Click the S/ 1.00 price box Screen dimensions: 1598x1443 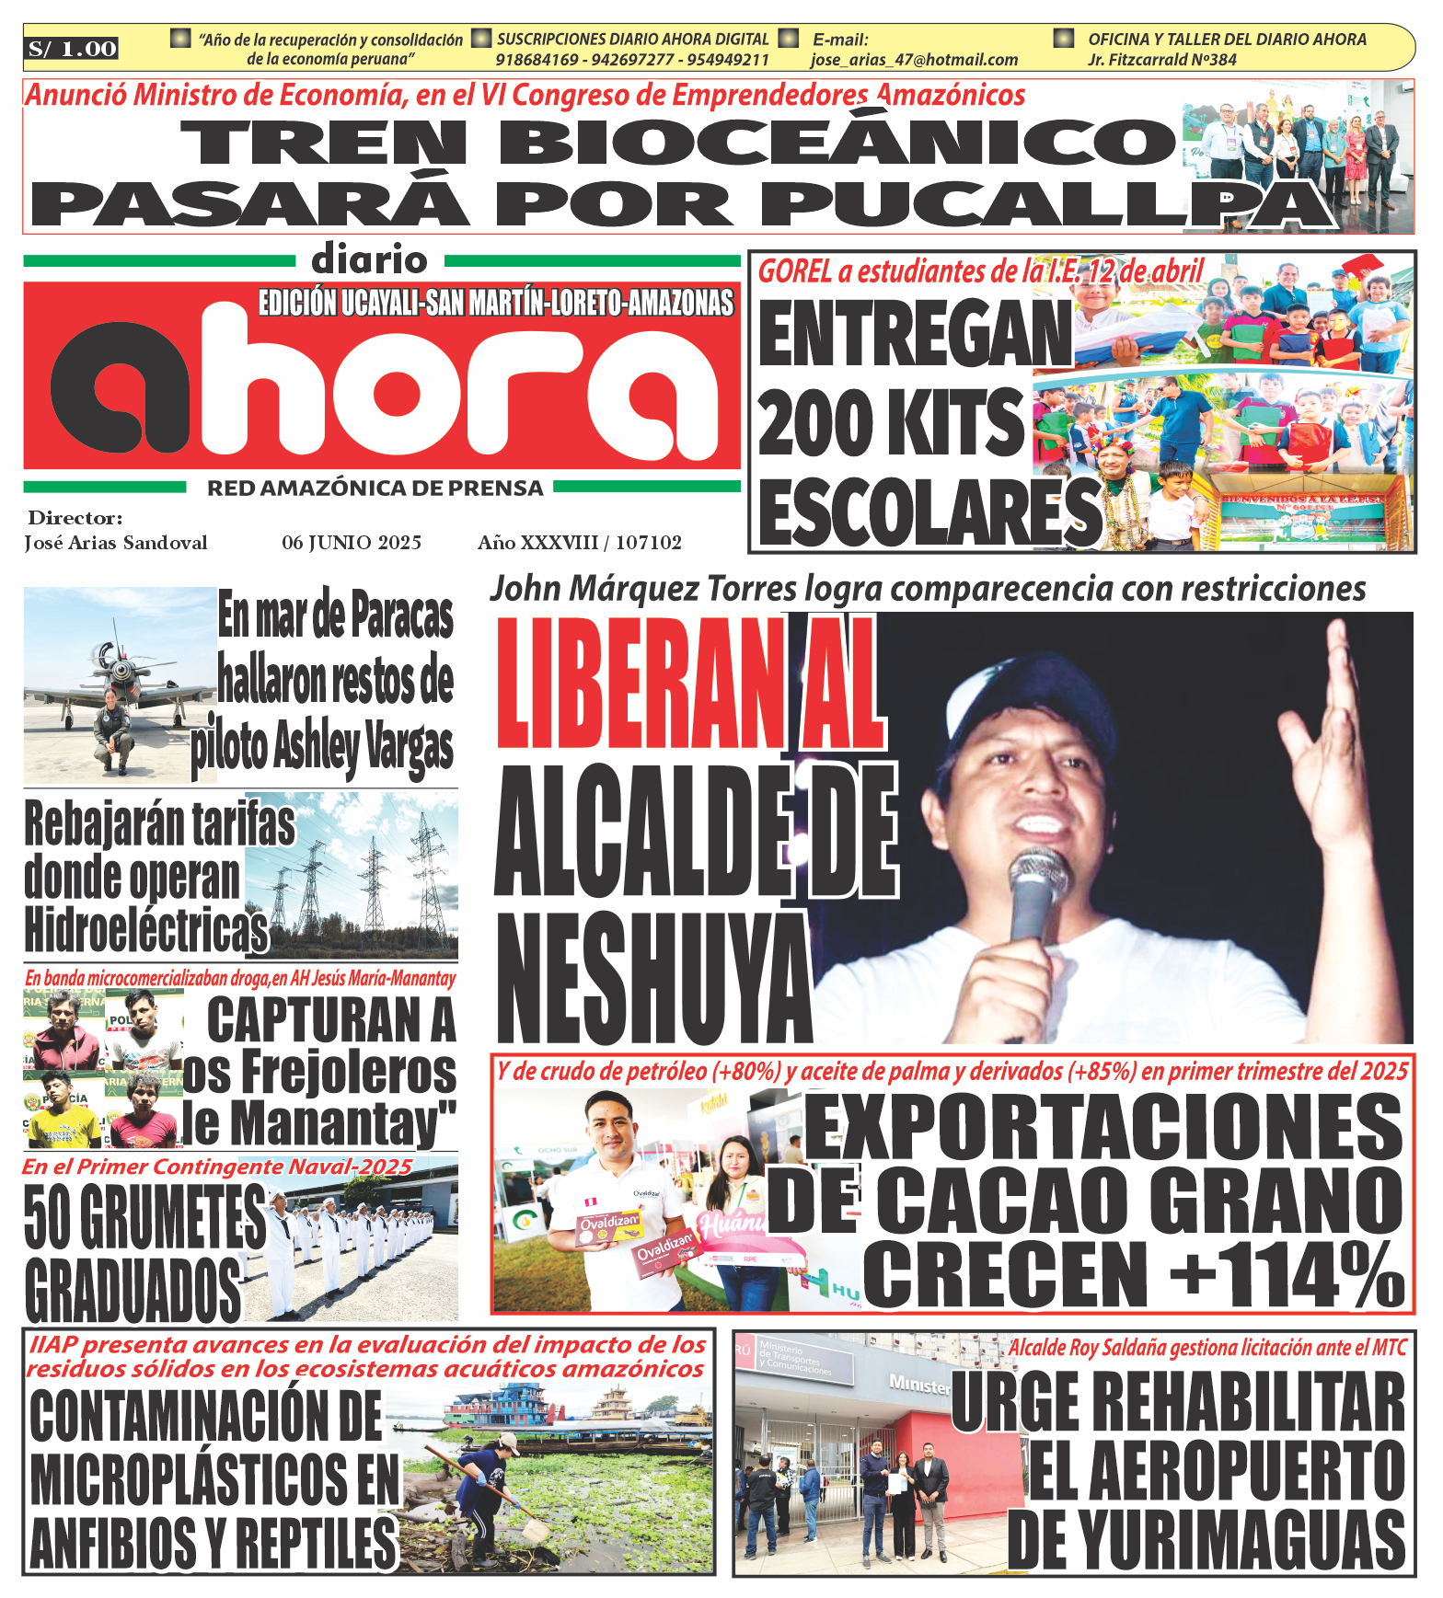coord(72,49)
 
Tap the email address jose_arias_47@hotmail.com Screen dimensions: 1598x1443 coord(914,60)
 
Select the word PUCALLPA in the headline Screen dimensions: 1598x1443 coord(1049,203)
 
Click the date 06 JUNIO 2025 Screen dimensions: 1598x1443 coord(352,543)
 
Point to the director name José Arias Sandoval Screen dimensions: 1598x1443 coord(116,543)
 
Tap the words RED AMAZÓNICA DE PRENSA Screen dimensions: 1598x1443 coord(375,489)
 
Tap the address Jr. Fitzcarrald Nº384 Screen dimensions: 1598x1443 coord(1161,60)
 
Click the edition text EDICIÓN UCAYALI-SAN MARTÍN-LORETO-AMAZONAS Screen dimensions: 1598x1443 coord(496,303)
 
